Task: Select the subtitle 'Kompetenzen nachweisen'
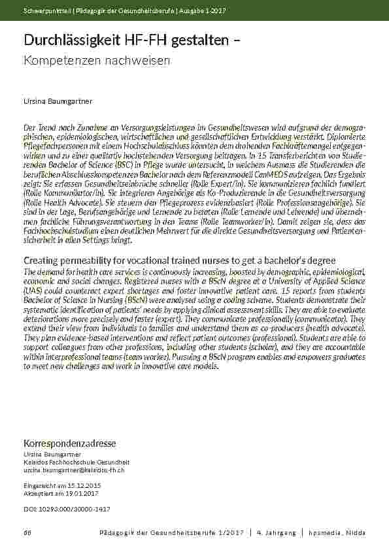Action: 97,61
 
